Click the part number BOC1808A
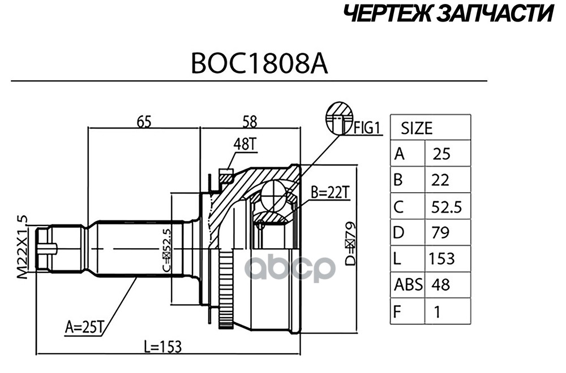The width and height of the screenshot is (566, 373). [259, 64]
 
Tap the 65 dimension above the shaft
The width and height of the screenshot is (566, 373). [144, 121]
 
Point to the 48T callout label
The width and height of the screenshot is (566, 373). [245, 145]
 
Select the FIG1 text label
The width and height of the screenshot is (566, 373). [368, 128]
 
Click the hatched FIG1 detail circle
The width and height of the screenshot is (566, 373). [340, 118]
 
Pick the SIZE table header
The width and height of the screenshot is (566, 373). [417, 128]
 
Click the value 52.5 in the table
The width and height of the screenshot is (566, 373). [446, 207]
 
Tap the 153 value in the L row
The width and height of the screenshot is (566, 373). [441, 258]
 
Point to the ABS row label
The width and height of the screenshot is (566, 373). [408, 284]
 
